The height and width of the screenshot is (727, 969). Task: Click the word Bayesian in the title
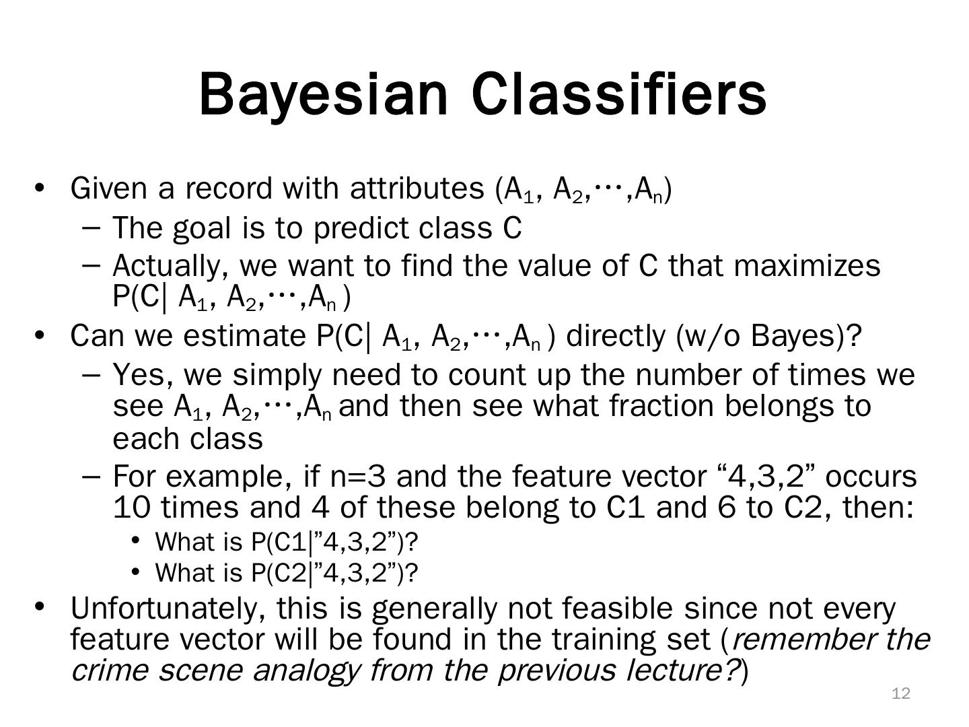[323, 96]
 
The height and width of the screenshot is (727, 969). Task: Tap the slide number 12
[901, 693]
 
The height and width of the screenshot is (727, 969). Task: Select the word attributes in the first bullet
[417, 189]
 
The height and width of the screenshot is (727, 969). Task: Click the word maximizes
[807, 266]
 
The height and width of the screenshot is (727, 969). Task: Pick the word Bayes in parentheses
[792, 337]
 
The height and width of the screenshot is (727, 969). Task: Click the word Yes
[142, 376]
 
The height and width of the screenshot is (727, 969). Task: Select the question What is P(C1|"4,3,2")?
[287, 543]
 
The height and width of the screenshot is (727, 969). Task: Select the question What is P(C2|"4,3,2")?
[287, 574]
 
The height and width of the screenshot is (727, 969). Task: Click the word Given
[108, 189]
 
